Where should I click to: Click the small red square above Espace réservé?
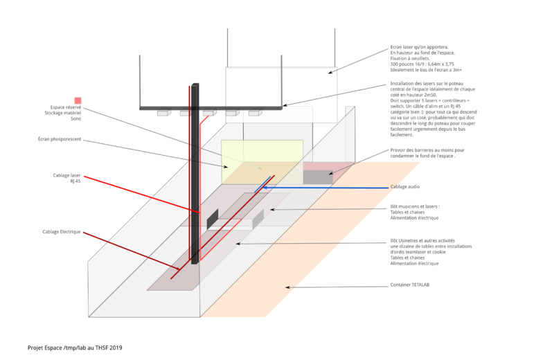click(x=78, y=100)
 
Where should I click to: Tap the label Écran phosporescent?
click(x=60, y=140)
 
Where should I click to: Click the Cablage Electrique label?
click(x=62, y=231)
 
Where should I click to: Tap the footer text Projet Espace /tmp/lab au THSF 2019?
click(x=75, y=347)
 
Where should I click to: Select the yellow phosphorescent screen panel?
click(x=262, y=161)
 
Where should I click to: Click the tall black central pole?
click(x=195, y=173)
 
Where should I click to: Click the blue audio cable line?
click(x=325, y=188)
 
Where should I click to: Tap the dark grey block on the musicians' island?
click(x=213, y=220)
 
